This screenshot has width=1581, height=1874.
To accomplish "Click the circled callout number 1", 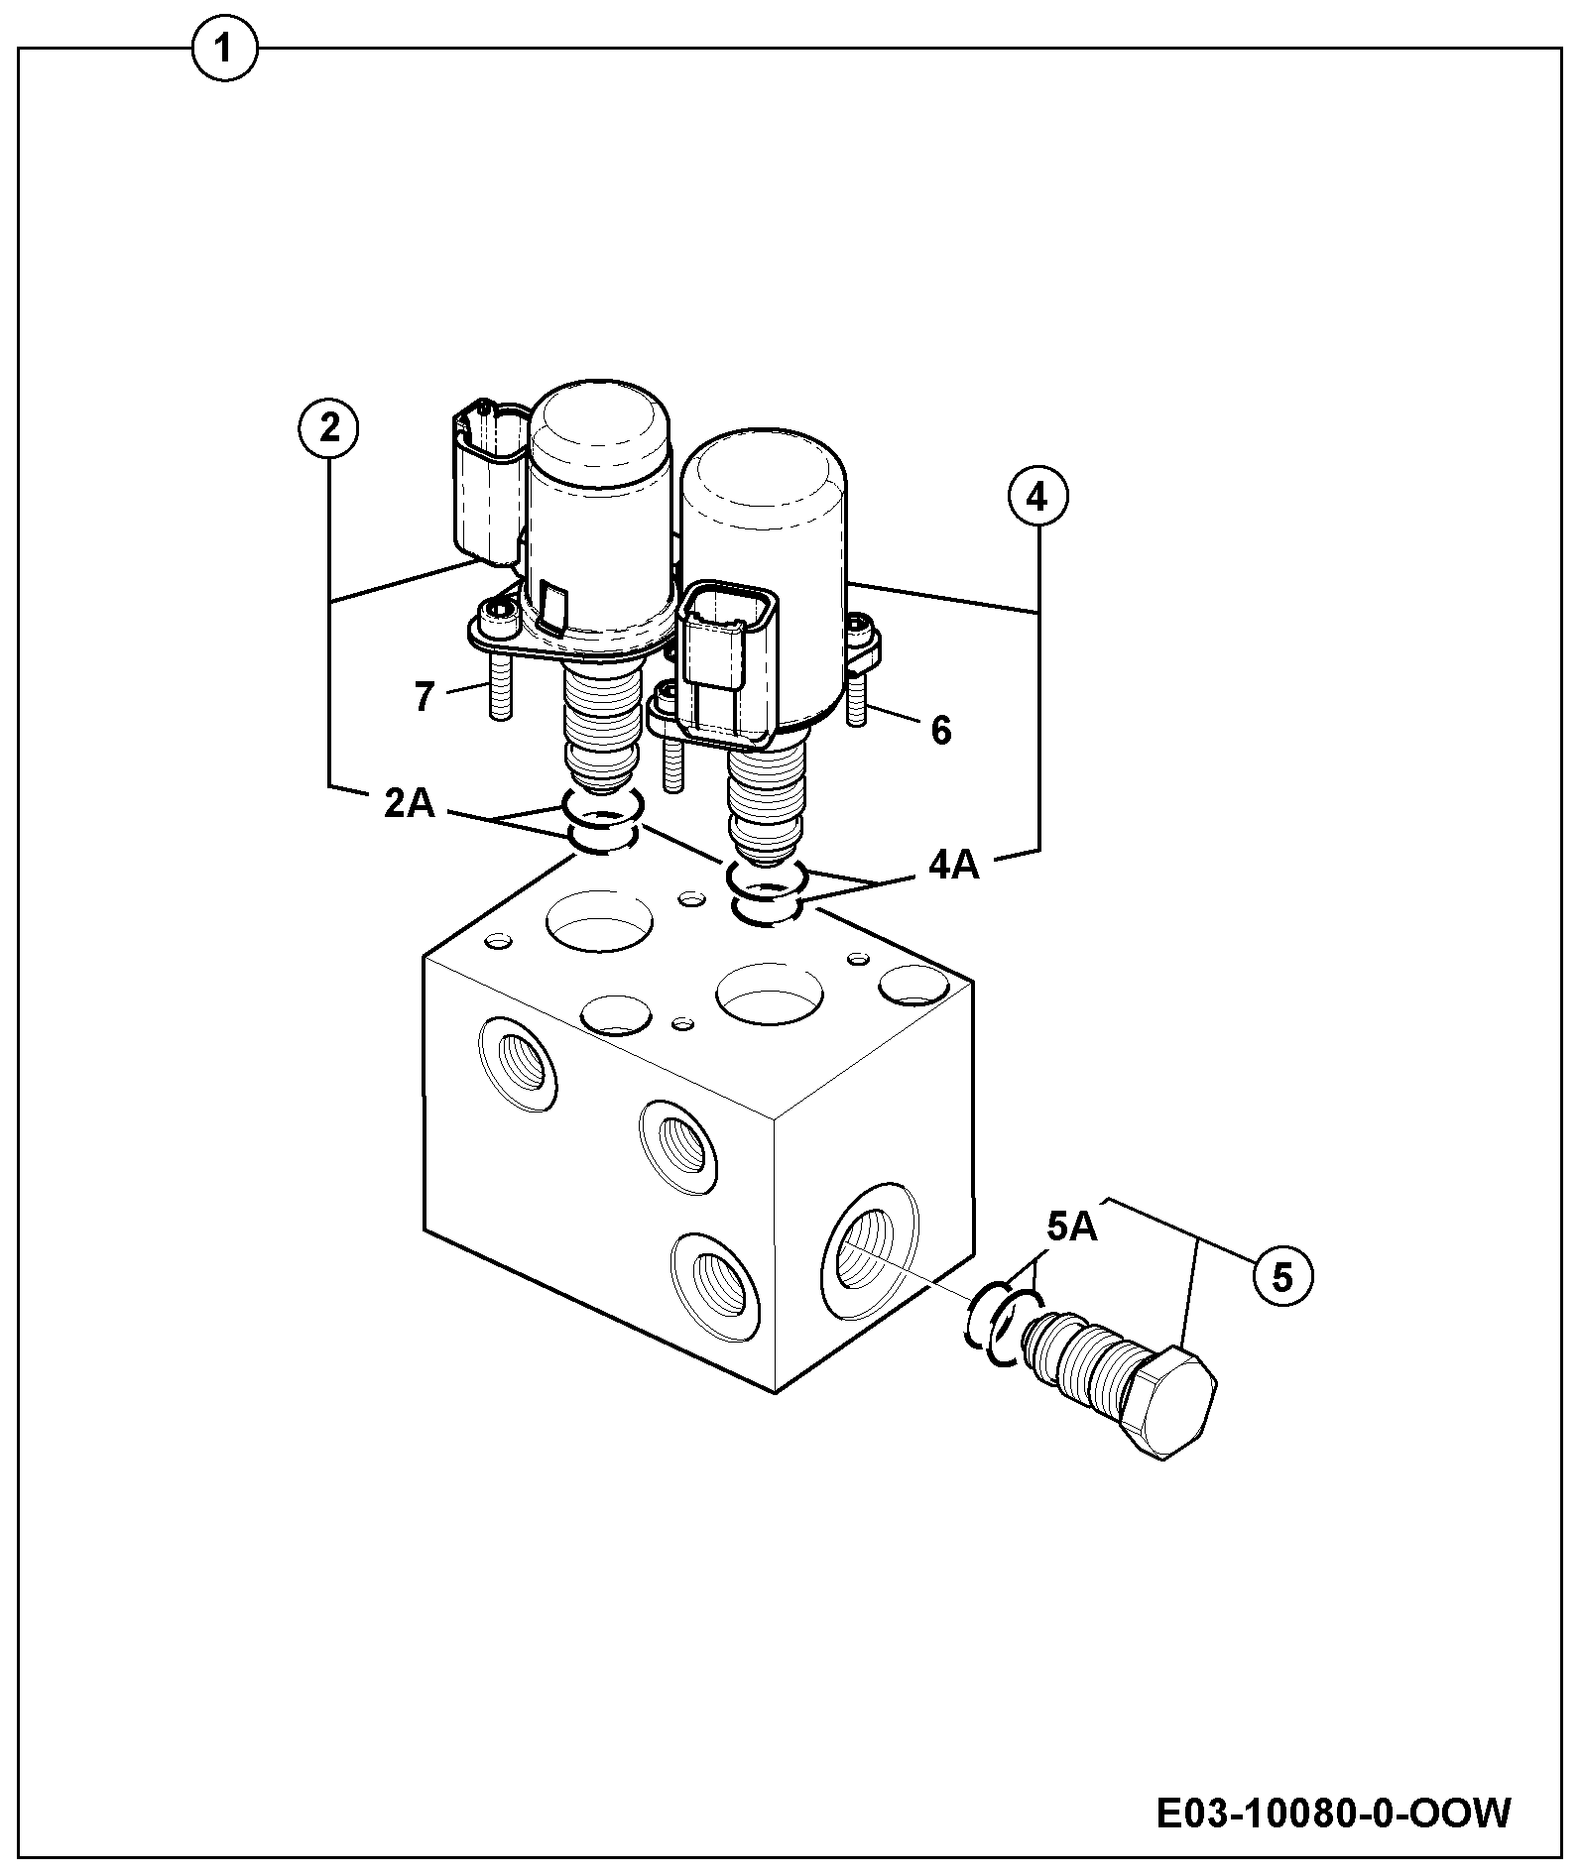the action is [x=224, y=49].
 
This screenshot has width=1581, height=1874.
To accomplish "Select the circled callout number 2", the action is [x=328, y=428].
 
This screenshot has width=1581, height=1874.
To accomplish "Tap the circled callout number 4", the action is [x=1038, y=498].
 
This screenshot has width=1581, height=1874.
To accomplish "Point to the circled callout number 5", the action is [x=1281, y=1278].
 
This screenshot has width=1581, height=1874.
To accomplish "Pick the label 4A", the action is [x=954, y=866].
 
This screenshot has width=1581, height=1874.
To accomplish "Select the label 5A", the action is [x=1072, y=1228].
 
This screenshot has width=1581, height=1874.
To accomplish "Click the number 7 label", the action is [x=425, y=697].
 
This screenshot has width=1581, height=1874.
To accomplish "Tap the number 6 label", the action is [x=940, y=731].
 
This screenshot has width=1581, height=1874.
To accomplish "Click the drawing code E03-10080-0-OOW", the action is [x=1334, y=1815].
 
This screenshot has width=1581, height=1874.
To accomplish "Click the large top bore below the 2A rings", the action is [x=600, y=919].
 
